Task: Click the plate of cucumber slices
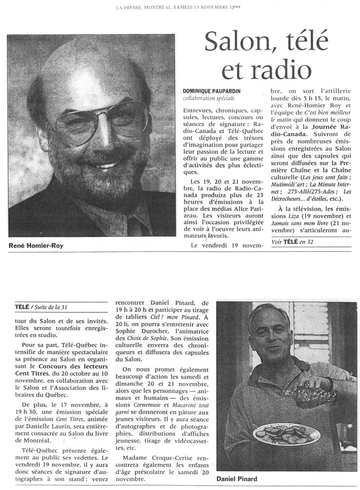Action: coord(287,433)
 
